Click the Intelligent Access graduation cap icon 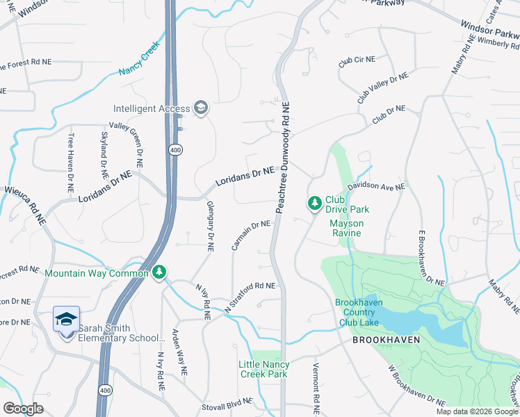point(201,108)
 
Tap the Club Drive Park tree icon point(314,202)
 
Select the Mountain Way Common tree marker point(160,272)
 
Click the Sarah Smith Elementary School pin point(67,320)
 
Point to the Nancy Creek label point(139,61)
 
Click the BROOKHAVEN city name point(384,341)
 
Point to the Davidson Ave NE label point(376,187)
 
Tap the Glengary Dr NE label point(209,225)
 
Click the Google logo point(24,409)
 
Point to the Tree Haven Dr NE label point(70,163)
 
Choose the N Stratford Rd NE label point(250,296)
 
